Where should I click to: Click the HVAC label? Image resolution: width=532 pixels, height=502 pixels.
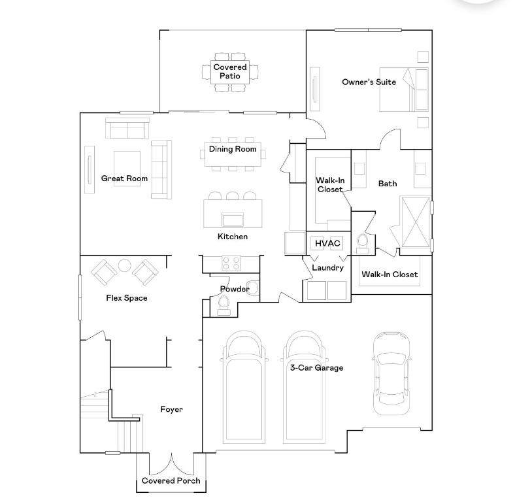[x=327, y=243]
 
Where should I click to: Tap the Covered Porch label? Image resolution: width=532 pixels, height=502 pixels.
[x=171, y=480]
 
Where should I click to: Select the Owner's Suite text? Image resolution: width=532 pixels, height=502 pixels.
[x=369, y=82]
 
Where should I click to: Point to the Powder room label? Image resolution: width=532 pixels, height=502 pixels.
[x=235, y=289]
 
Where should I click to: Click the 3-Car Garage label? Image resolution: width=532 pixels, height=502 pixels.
[x=316, y=367]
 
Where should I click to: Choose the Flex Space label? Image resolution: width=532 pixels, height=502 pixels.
[x=127, y=297]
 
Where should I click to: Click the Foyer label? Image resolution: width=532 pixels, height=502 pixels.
[x=171, y=409]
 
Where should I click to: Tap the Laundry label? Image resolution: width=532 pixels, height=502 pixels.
[x=327, y=268]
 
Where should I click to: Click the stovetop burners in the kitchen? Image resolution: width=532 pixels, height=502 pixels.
[x=231, y=263]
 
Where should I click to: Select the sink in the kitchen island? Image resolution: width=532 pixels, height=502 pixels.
[x=233, y=220]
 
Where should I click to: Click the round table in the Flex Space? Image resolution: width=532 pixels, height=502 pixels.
[x=125, y=265]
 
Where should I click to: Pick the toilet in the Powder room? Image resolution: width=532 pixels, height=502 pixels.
[x=224, y=305]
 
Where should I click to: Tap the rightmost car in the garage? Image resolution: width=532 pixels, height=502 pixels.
[x=391, y=373]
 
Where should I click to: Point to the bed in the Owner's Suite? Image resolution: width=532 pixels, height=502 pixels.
[x=403, y=90]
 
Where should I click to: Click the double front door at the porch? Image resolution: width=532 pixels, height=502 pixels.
[x=171, y=463]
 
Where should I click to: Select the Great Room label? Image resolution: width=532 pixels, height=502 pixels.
[x=124, y=178]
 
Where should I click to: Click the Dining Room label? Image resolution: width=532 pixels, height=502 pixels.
[x=233, y=148]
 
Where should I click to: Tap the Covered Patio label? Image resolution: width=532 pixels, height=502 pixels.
[x=229, y=71]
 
